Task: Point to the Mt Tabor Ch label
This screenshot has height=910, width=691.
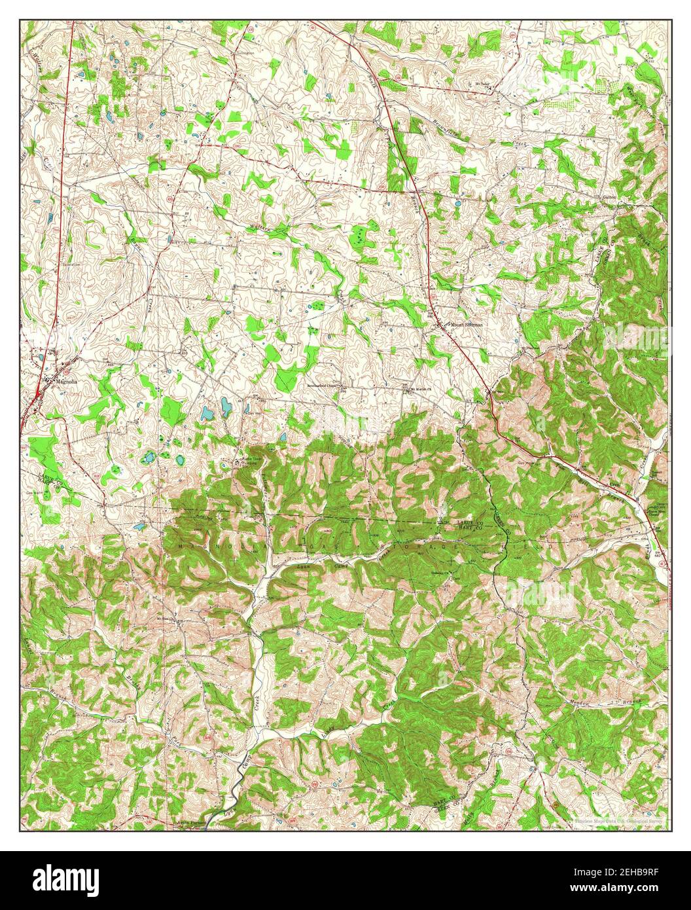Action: tap(483, 84)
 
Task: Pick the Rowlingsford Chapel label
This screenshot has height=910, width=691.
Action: tap(327, 385)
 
